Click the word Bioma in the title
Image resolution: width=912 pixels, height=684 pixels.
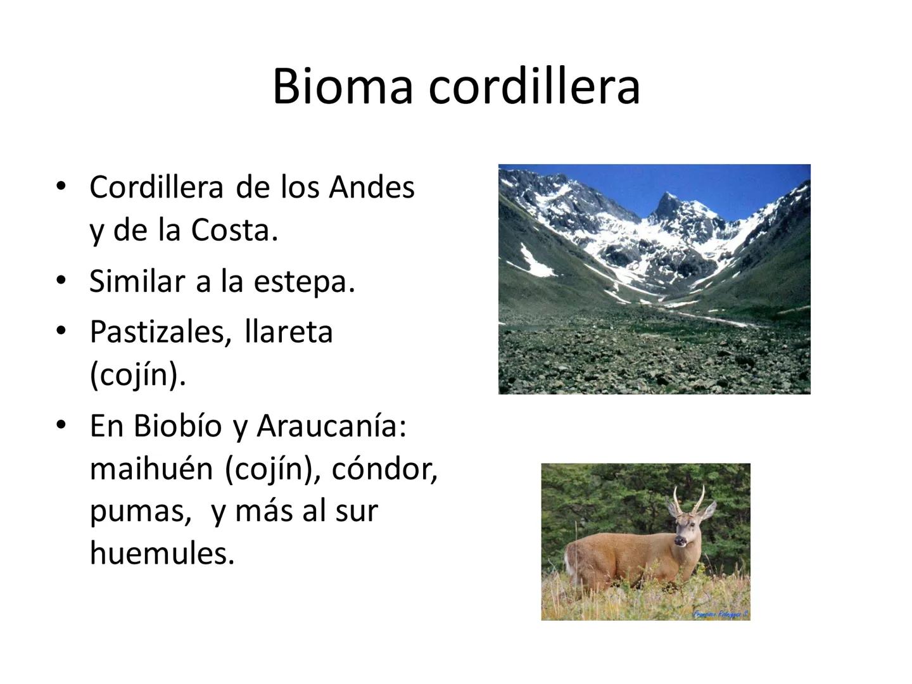[x=342, y=86]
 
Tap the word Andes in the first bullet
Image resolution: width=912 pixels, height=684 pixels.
[x=371, y=187]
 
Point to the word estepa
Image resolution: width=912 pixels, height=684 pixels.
[x=304, y=281]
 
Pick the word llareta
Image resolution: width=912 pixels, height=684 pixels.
[x=288, y=331]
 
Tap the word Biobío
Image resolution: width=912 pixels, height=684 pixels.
[x=178, y=426]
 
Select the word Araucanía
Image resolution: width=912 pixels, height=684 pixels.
[x=331, y=426]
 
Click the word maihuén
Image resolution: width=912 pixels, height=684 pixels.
[x=151, y=469]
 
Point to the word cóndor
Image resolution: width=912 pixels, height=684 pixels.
[x=384, y=469]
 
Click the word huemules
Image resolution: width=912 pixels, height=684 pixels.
[x=162, y=553]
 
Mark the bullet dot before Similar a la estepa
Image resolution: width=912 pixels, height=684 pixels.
[x=61, y=280]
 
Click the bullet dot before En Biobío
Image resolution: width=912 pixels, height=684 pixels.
[x=61, y=424]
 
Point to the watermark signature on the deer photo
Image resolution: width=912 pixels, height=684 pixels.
[x=720, y=614]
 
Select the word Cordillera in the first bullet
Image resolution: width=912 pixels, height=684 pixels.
[x=156, y=187]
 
